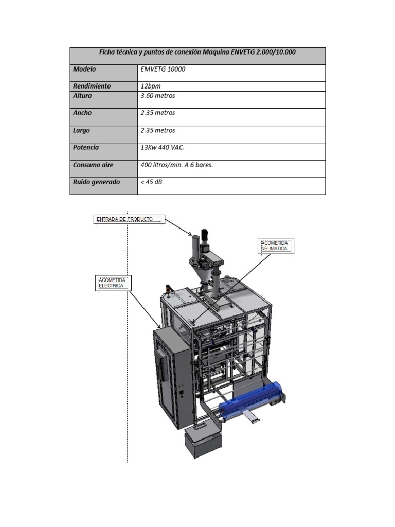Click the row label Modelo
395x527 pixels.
coord(84,69)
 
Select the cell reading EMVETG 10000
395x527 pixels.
coord(163,69)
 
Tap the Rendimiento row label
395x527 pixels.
coord(92,86)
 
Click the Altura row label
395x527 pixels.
coord(82,96)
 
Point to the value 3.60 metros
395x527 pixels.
coord(158,96)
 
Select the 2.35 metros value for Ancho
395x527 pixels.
coord(158,113)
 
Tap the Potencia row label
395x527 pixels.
coord(86,147)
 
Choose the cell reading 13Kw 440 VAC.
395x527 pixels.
coord(162,147)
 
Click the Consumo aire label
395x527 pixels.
coord(93,165)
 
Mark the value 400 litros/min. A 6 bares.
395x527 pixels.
coord(176,165)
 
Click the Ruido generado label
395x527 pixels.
coord(97,182)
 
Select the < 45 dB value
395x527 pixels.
coord(151,182)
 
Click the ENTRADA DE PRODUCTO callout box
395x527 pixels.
coord(129,219)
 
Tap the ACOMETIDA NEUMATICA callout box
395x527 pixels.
coord(276,245)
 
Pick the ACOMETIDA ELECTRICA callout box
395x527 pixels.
coord(113,283)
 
